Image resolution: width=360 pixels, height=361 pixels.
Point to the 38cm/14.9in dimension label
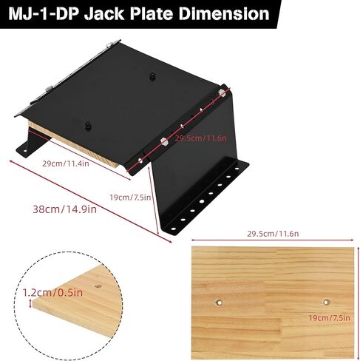tap(62, 209)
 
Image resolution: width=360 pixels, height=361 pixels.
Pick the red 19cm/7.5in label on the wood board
tap(329, 318)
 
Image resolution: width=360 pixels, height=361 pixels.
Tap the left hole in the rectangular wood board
tap(220, 301)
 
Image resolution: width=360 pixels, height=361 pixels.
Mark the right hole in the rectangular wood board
tap(326, 301)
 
